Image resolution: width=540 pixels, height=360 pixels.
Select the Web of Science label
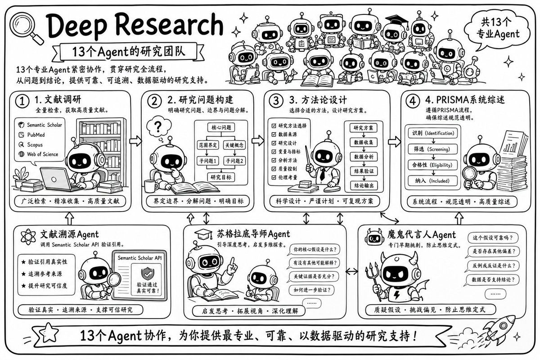click(x=39, y=154)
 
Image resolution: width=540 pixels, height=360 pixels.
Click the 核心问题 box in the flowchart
click(x=221, y=127)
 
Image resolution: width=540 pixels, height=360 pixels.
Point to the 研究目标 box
click(x=221, y=177)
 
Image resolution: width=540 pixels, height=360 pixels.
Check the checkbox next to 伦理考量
click(x=274, y=177)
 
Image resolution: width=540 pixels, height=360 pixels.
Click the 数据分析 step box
click(x=364, y=157)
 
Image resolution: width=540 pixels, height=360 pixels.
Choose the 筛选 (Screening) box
click(x=433, y=149)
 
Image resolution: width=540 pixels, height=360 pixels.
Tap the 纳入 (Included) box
click(x=433, y=181)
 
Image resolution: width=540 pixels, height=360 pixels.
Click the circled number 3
click(x=276, y=100)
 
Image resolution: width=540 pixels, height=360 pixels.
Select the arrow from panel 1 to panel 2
click(x=135, y=141)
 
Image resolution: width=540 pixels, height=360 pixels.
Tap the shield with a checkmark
click(x=148, y=274)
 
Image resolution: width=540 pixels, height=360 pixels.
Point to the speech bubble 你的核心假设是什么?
click(x=315, y=250)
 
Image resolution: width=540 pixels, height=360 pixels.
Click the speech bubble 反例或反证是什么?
click(x=493, y=265)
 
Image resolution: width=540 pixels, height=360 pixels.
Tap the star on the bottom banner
click(x=49, y=333)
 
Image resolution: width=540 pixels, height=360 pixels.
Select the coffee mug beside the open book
click(x=151, y=186)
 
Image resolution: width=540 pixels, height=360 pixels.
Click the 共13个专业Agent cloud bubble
click(x=497, y=29)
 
